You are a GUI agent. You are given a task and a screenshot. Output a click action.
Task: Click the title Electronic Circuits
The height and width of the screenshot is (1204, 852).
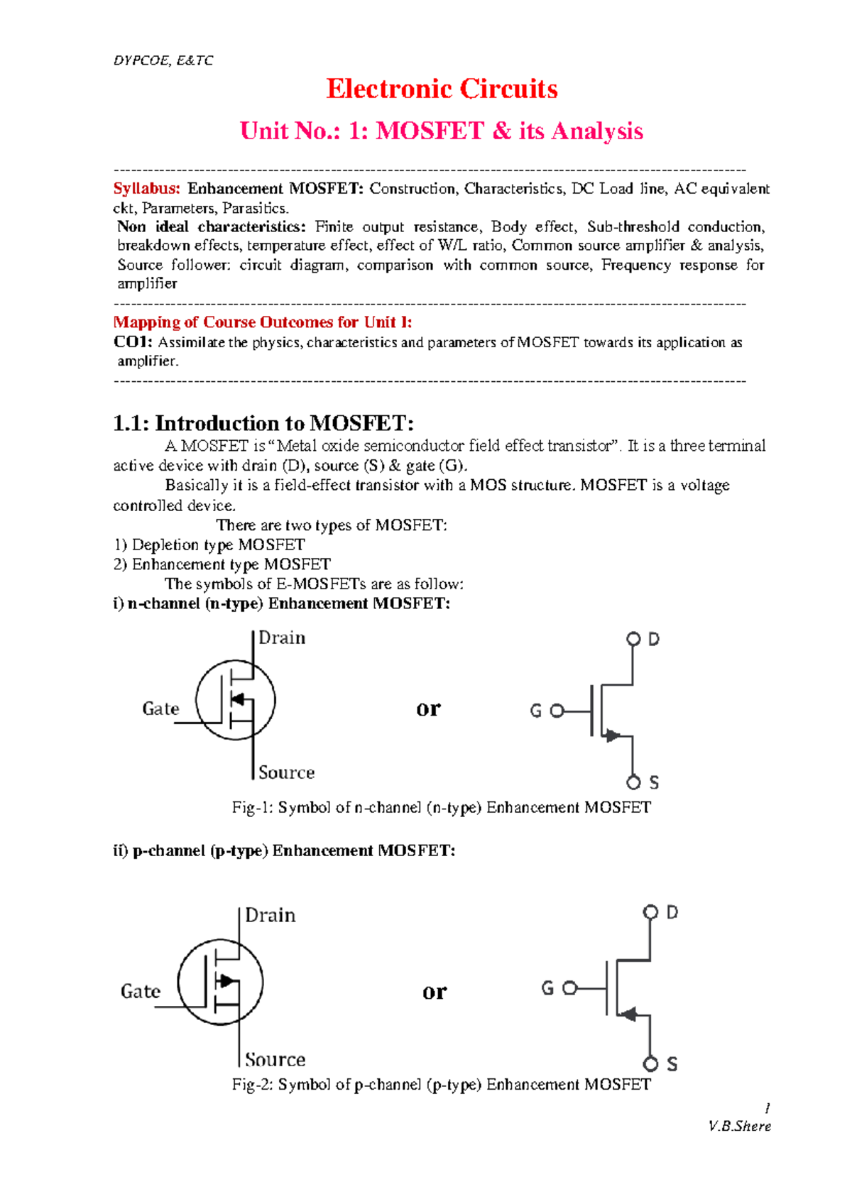click(442, 89)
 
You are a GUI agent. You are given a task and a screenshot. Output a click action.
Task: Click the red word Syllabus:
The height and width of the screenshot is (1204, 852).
click(147, 189)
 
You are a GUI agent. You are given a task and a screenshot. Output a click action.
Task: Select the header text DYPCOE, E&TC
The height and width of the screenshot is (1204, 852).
click(163, 60)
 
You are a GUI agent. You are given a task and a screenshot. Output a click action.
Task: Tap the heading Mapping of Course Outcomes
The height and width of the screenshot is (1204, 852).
click(263, 322)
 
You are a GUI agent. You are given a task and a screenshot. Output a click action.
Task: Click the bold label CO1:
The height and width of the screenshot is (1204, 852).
click(133, 342)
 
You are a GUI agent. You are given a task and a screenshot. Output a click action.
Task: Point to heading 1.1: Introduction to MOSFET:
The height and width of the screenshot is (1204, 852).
click(263, 424)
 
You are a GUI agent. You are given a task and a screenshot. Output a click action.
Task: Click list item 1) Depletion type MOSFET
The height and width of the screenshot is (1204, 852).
click(209, 545)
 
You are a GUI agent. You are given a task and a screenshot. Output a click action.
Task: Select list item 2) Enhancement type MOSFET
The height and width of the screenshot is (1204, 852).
click(222, 564)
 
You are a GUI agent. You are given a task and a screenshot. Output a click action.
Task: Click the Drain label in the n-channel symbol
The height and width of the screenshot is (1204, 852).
click(282, 638)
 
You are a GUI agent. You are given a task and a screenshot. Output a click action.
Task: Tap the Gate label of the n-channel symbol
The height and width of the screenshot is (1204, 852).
click(160, 708)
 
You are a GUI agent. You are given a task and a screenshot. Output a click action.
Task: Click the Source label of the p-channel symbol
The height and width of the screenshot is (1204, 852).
click(275, 1060)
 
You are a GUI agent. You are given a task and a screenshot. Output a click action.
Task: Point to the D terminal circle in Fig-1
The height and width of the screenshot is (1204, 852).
click(633, 640)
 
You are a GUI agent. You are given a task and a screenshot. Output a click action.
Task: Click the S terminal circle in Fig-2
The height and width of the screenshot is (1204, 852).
click(650, 1063)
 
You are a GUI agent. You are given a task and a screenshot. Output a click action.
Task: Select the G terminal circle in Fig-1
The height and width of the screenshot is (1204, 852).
click(557, 711)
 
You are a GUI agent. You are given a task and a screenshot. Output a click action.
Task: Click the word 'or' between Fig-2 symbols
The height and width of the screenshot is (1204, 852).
click(435, 991)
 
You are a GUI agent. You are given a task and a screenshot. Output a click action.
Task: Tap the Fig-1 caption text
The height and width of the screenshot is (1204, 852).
click(441, 808)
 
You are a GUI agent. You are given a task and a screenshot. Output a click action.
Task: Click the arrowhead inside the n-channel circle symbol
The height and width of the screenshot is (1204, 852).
click(238, 700)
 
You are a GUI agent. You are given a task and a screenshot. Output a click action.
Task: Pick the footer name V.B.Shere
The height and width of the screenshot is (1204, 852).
click(739, 1127)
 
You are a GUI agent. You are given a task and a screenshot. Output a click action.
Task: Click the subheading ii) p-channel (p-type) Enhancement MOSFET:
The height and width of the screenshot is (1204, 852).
click(284, 850)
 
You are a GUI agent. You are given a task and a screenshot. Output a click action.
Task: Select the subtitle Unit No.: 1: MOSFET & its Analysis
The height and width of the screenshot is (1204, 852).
click(442, 131)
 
